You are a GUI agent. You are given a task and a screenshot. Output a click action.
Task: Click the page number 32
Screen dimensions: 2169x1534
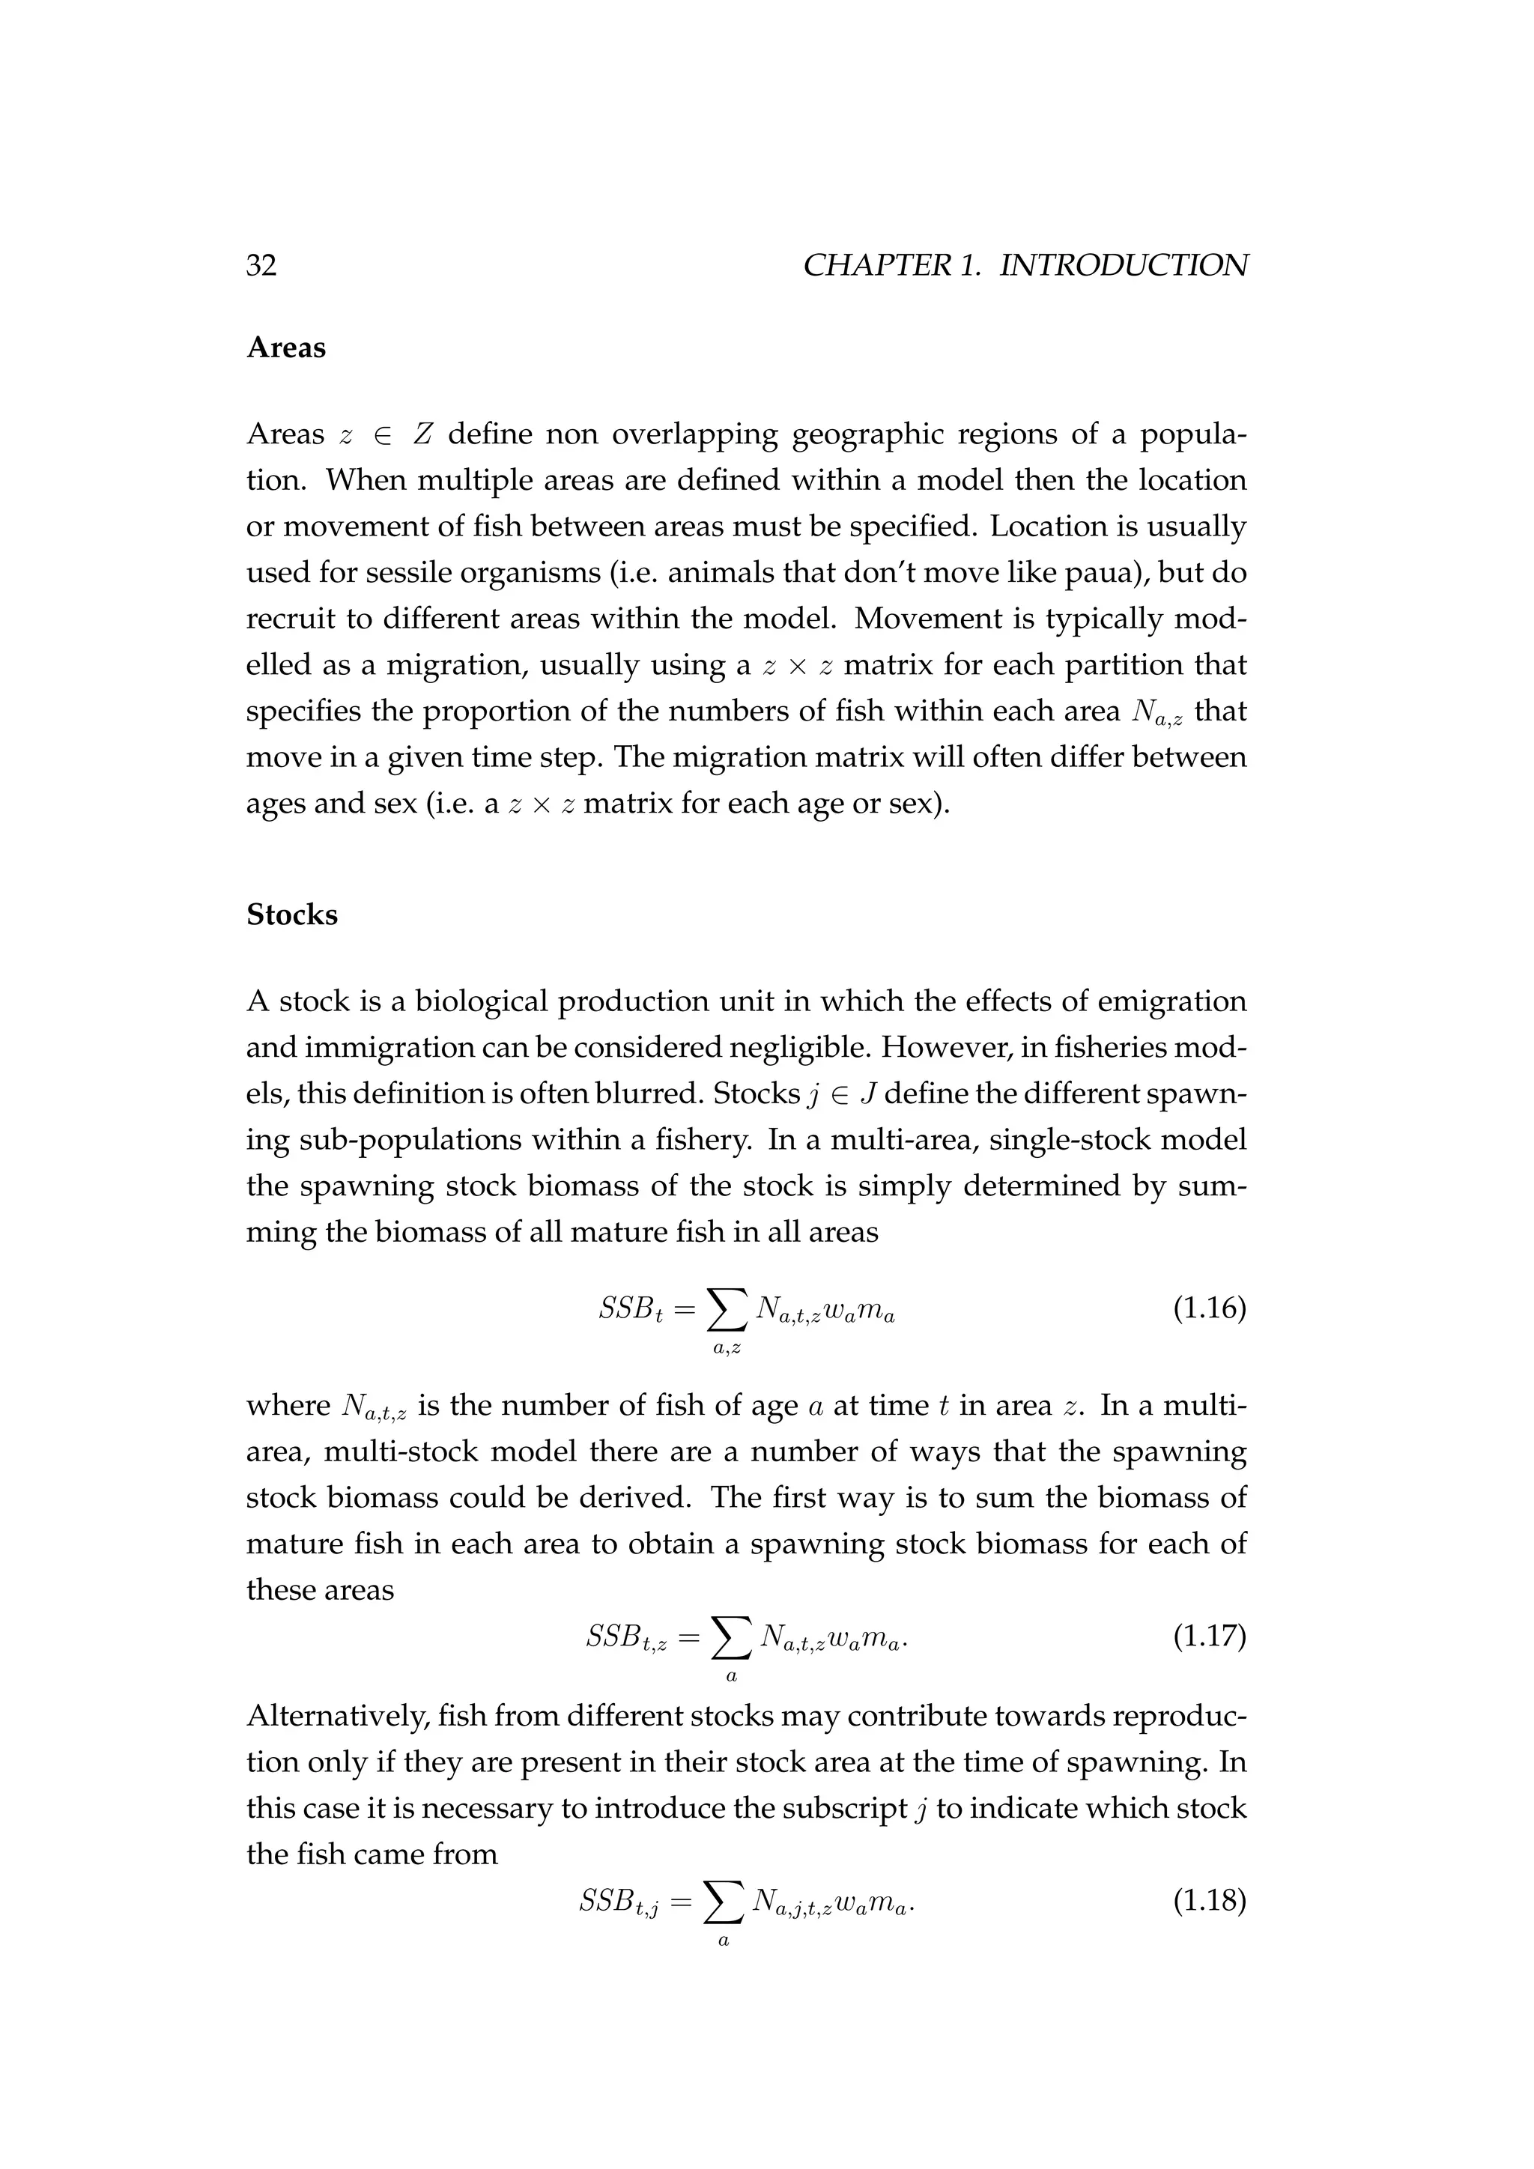pos(261,265)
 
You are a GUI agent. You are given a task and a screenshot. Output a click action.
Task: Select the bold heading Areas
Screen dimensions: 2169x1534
pos(285,348)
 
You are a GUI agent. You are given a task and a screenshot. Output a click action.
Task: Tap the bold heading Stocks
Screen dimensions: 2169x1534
pos(292,914)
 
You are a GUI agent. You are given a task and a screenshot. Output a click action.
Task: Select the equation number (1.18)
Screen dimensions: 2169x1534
pos(1209,1900)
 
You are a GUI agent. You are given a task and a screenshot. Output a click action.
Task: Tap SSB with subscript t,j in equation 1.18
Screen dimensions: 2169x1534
pos(623,1902)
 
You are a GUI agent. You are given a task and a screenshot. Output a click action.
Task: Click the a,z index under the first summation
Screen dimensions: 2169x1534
pos(727,1349)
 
